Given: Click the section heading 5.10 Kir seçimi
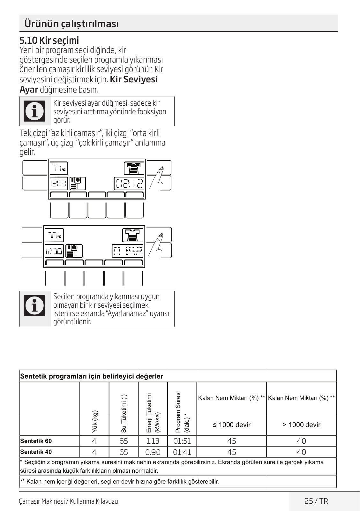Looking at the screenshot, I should (49, 41).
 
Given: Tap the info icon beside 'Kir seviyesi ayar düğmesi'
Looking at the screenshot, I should (35, 111).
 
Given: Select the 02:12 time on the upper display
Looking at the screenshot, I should (129, 184).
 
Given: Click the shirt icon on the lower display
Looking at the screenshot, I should (133, 235).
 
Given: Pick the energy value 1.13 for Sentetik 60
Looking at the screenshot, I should (153, 441).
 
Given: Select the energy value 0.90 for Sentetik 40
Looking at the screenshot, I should (153, 452).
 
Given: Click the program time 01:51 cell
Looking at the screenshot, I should (182, 441).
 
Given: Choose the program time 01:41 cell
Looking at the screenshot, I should (182, 452).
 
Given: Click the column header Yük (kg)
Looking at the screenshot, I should (95, 421).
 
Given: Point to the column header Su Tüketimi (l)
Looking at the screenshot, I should (124, 413).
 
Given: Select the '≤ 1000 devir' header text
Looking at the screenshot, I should (232, 425).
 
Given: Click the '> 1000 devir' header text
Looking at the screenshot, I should (301, 425).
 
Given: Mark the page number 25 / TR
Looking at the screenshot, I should (316, 501).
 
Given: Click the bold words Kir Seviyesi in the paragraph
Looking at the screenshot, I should (134, 79).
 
